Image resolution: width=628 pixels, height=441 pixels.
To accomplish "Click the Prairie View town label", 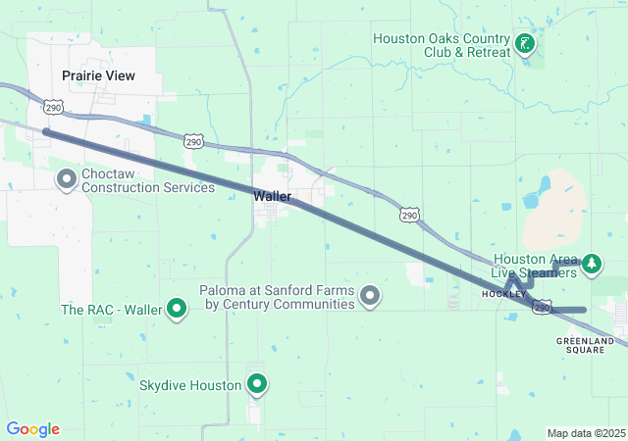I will [x=98, y=75].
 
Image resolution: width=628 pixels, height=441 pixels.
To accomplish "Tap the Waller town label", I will [x=272, y=196].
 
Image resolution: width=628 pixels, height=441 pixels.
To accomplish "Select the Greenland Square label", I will [x=585, y=345].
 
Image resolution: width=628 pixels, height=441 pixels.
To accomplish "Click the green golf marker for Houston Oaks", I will [x=525, y=43].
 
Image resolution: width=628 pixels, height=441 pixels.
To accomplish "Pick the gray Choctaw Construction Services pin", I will [x=67, y=178].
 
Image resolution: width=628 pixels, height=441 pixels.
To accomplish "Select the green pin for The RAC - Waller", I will [x=178, y=310].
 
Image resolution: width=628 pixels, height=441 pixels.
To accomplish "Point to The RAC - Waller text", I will [x=111, y=310].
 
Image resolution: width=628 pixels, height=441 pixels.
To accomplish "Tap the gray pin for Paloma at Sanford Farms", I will [x=370, y=295].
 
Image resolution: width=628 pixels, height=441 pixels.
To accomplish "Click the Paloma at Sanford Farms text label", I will [x=277, y=297].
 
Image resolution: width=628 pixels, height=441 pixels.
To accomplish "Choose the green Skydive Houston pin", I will [x=257, y=384].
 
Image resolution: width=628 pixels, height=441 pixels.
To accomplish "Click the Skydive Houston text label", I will [x=190, y=385].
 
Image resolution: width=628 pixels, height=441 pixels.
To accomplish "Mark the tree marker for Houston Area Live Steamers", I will [x=592, y=263].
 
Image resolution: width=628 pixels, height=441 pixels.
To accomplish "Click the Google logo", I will [x=32, y=429].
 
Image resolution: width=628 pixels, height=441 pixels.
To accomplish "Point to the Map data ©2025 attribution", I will [x=586, y=433].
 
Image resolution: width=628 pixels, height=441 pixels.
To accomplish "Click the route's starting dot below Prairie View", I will [x=45, y=131].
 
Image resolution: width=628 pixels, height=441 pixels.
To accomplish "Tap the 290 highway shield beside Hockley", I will [x=542, y=308].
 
